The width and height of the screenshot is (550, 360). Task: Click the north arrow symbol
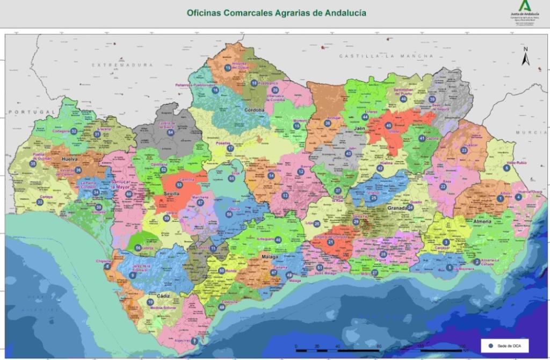526,56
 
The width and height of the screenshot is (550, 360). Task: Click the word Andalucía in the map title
341,12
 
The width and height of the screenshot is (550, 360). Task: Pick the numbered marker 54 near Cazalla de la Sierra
170,132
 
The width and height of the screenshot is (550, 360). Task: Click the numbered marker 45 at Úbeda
388,125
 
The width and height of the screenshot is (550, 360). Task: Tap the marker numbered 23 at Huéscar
464,150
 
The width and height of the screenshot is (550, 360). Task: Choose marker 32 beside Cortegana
74,131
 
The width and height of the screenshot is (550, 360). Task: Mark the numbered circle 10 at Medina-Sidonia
150,302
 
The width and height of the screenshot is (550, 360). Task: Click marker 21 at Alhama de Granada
330,242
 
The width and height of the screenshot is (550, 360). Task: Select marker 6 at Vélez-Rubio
506,168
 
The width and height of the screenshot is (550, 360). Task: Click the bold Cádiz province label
163,296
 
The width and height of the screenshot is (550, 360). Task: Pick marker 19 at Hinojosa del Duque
228,68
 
